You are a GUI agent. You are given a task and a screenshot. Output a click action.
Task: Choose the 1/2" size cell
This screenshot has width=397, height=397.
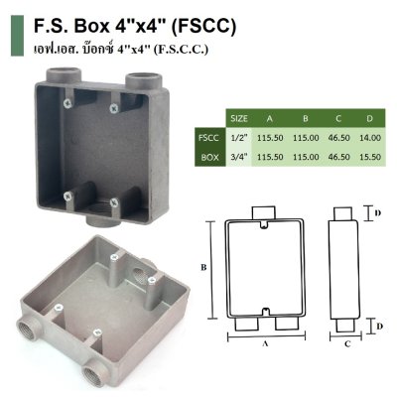(238, 137)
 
